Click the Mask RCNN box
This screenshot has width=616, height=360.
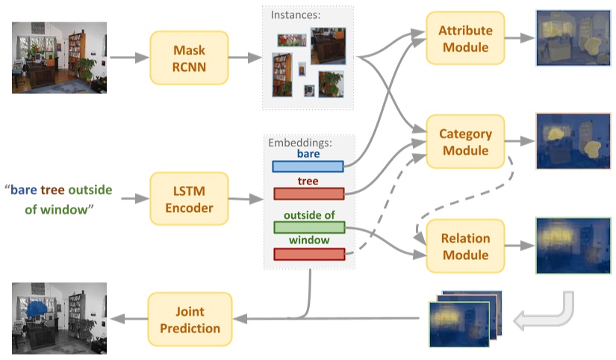click(189, 58)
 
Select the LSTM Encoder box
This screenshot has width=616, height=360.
click(189, 199)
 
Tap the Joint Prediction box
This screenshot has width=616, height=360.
click(190, 319)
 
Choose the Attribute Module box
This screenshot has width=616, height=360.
click(465, 38)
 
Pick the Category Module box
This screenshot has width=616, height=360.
click(465, 141)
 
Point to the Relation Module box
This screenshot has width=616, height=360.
click(465, 246)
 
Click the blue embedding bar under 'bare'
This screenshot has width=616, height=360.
click(308, 167)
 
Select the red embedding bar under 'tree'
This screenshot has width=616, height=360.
click(309, 193)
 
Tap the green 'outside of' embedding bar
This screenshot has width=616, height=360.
click(309, 228)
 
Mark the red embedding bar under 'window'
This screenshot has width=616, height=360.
click(309, 254)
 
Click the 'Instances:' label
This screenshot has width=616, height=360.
click(296, 15)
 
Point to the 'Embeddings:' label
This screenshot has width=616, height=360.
click(300, 142)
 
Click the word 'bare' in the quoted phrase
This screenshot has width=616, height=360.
click(24, 190)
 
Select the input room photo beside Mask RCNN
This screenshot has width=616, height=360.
click(59, 58)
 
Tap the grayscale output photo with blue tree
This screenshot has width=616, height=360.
click(59, 318)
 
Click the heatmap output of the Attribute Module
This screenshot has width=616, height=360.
click(573, 38)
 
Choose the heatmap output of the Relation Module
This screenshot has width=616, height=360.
click(573, 246)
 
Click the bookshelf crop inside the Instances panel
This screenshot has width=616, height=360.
click(282, 75)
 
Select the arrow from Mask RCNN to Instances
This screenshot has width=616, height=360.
click(245, 58)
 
